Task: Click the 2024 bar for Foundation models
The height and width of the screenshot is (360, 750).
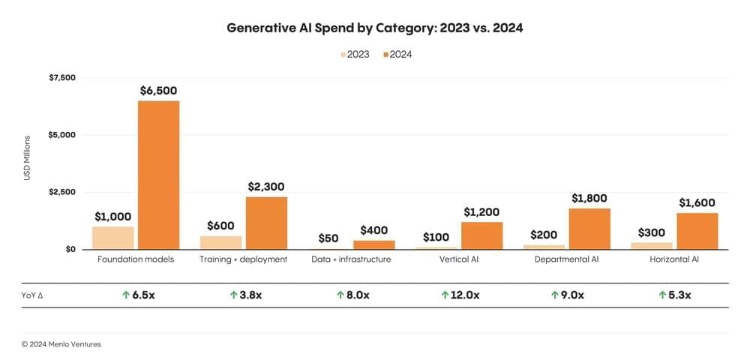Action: click(x=158, y=175)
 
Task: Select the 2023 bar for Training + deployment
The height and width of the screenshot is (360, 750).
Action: click(x=220, y=242)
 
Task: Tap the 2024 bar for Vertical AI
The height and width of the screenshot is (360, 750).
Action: click(x=481, y=235)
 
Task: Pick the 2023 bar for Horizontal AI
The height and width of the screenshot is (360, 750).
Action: click(x=651, y=245)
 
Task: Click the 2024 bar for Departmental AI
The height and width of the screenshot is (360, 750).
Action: click(x=589, y=229)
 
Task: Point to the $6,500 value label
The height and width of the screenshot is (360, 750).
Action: click(x=158, y=91)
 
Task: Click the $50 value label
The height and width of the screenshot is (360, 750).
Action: click(x=328, y=238)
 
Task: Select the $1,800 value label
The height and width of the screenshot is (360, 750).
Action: click(x=589, y=199)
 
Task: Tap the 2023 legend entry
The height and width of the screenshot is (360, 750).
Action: click(x=355, y=54)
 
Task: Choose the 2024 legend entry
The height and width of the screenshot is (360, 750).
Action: click(x=398, y=54)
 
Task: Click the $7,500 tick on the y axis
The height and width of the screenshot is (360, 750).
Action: click(x=61, y=78)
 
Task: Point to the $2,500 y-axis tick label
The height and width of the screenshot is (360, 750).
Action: click(x=61, y=192)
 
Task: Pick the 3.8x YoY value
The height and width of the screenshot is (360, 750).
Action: click(x=250, y=295)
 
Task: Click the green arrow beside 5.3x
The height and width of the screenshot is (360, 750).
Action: click(x=661, y=295)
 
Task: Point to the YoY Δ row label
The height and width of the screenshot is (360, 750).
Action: click(x=34, y=295)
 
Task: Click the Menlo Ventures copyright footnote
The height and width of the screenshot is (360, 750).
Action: click(x=61, y=344)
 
